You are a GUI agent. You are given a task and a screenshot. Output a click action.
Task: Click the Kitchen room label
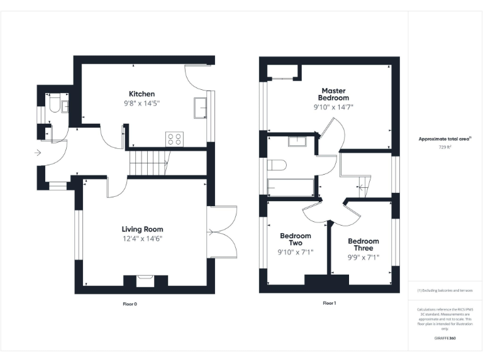click(142, 94)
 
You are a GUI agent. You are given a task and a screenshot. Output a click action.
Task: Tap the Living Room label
click(142, 229)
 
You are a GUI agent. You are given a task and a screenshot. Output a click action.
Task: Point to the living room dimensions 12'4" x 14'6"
click(142, 239)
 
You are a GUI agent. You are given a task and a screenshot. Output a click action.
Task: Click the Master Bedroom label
click(333, 94)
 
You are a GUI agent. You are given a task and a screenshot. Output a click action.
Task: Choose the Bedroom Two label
click(296, 239)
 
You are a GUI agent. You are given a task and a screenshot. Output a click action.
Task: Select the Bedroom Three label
click(364, 244)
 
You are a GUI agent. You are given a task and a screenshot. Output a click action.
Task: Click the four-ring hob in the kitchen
click(174, 138)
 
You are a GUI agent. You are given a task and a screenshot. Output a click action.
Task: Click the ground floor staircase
click(148, 163)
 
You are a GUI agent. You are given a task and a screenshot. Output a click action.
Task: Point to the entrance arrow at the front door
click(39, 152)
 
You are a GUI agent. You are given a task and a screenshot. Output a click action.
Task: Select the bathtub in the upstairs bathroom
click(291, 187)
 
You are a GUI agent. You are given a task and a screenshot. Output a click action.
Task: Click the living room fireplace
click(145, 280)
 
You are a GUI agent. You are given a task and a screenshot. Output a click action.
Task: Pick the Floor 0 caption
click(130, 304)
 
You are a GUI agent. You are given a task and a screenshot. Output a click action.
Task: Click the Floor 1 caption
click(329, 303)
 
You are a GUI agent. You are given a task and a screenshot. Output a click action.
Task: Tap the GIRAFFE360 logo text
click(445, 338)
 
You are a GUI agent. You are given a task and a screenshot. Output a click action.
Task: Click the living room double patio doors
click(223, 232)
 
